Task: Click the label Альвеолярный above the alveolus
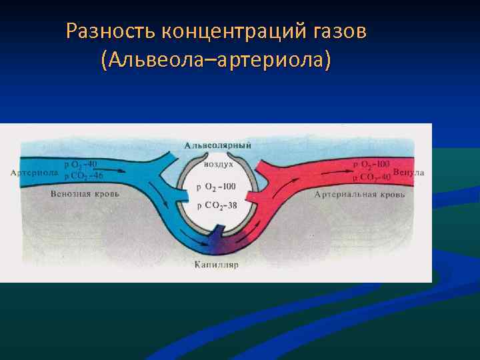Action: pyautogui.click(x=218, y=145)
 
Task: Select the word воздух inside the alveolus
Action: pyautogui.click(x=218, y=163)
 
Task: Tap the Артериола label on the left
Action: pyautogui.click(x=34, y=173)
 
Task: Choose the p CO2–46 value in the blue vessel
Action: pyautogui.click(x=83, y=176)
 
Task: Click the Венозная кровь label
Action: pyautogui.click(x=85, y=193)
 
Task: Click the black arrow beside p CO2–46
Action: pyautogui.click(x=115, y=171)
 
